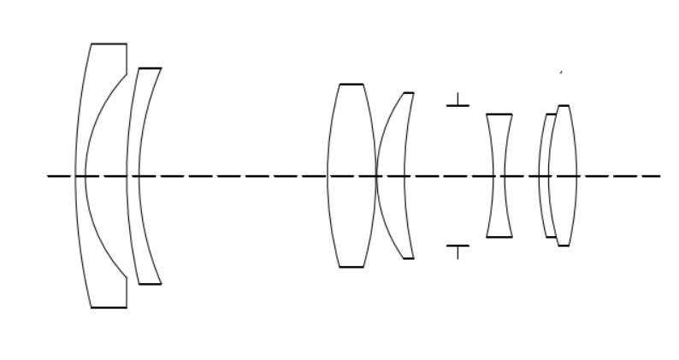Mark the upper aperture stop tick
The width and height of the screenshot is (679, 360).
pos(458,104)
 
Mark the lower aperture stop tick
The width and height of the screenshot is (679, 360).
pos(458,248)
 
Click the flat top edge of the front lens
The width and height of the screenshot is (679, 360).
pos(109,44)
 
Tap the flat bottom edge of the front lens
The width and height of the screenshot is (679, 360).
pos(109,307)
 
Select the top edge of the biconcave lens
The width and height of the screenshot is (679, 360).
pos(499,114)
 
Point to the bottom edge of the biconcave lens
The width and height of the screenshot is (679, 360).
pos(499,237)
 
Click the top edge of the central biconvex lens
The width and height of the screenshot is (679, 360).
pos(351,84)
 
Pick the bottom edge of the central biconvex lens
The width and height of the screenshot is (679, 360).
pos(351,267)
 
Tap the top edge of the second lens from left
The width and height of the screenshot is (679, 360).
pos(150,68)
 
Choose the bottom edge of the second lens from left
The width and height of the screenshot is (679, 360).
pos(150,283)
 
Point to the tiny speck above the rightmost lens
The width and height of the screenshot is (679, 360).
pos(560,73)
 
